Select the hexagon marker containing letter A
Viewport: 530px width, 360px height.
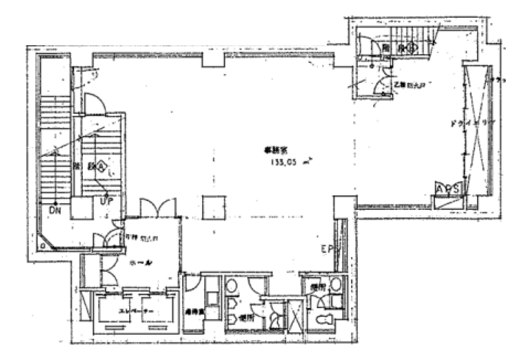(101, 167)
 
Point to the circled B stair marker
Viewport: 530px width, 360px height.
(412, 48)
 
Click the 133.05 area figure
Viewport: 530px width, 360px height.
(283, 162)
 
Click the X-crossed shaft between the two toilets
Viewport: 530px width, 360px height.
(295, 316)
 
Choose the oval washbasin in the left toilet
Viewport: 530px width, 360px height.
(231, 285)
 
